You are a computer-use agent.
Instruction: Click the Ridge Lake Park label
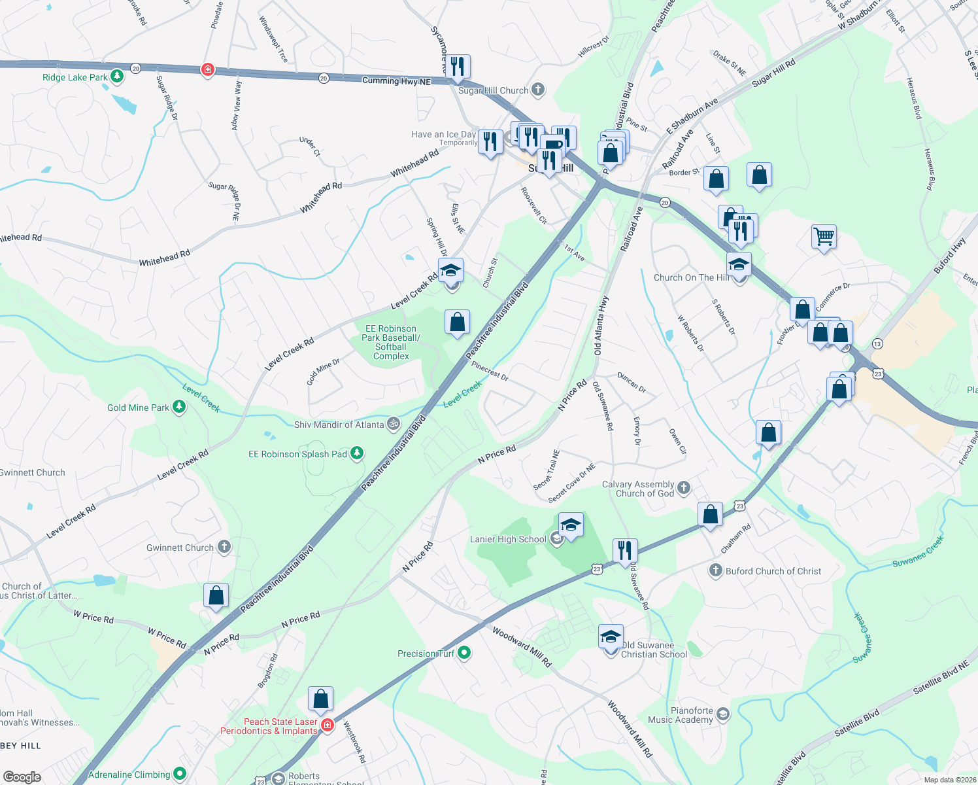pyautogui.click(x=75, y=77)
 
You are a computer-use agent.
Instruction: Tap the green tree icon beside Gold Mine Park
pyautogui.click(x=178, y=407)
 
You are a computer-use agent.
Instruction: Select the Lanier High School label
pyautogui.click(x=508, y=539)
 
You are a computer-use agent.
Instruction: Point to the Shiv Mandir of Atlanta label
pyautogui.click(x=339, y=425)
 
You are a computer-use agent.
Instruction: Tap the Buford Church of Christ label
pyautogui.click(x=773, y=571)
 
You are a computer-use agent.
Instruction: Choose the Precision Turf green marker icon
pyautogui.click(x=464, y=653)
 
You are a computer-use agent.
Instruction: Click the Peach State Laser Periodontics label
pyautogui.click(x=269, y=726)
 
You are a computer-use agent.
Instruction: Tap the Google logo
pyautogui.click(x=22, y=776)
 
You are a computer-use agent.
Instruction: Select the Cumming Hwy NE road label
pyautogui.click(x=397, y=80)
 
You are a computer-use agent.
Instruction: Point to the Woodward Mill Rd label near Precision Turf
pyautogui.click(x=522, y=646)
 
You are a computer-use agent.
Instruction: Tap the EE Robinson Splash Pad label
pyautogui.click(x=297, y=454)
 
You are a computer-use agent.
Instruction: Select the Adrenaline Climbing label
pyautogui.click(x=129, y=775)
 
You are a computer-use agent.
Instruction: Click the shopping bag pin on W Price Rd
pyautogui.click(x=216, y=596)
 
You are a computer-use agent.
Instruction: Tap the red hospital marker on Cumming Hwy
pyautogui.click(x=208, y=69)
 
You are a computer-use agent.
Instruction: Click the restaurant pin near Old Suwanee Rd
pyautogui.click(x=625, y=551)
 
